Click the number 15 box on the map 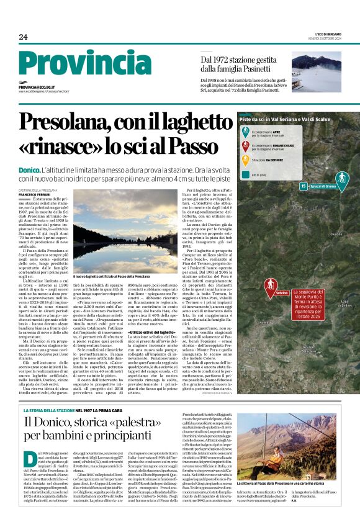(x=304, y=186)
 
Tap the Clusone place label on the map (x=336, y=233)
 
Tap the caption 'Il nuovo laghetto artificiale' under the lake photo (x=111, y=276)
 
